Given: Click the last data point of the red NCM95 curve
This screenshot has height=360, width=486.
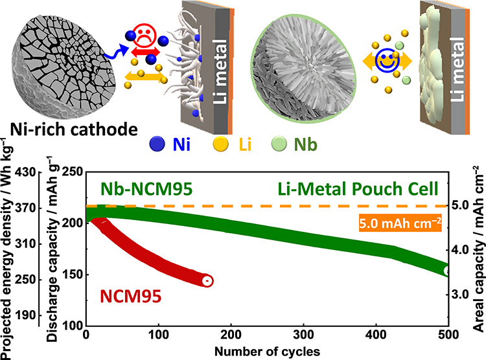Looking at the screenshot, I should tap(207, 263).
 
